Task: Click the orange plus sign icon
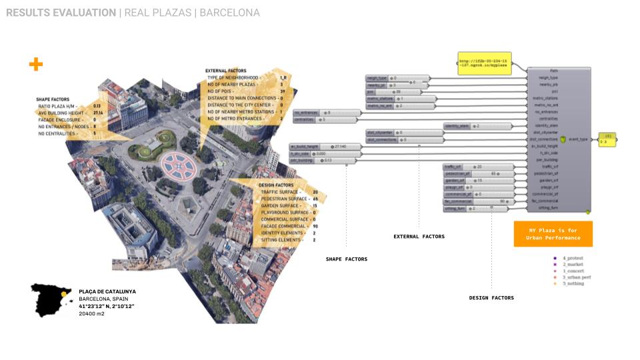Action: [x=36, y=64]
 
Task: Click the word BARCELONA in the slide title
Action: [x=229, y=13]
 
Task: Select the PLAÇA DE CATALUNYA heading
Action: [x=107, y=291]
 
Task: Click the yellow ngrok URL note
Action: [x=485, y=63]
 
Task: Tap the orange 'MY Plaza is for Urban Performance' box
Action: [x=553, y=234]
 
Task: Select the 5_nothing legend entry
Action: [x=573, y=284]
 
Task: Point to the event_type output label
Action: [x=578, y=139]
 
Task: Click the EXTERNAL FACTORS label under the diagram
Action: [x=419, y=236]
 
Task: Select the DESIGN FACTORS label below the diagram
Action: [x=491, y=298]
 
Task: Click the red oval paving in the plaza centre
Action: [x=178, y=165]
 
